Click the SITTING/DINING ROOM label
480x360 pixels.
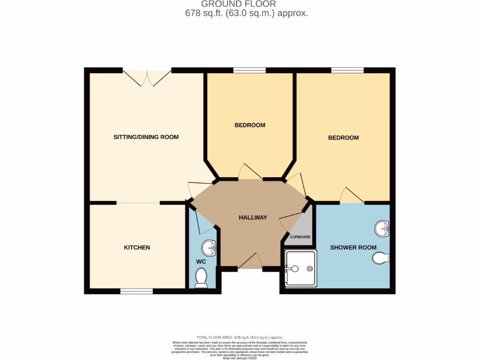pos(146,137)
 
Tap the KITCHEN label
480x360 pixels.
pos(137,247)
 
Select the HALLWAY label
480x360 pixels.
pos(253,217)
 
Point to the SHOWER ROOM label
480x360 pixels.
pos(353,247)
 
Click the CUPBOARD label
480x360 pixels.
pos(300,237)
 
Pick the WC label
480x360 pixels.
pos(201,261)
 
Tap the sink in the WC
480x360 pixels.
pos(209,247)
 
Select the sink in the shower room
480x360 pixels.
pos(382,229)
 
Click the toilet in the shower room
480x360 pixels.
pos(381,258)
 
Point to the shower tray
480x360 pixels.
pos(300,268)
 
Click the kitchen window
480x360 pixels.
pos(136,292)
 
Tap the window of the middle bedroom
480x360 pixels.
pos(249,71)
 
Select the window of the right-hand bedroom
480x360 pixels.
pos(347,71)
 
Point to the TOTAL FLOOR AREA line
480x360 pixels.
pos(240,337)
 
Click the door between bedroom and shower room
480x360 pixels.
pos(352,196)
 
